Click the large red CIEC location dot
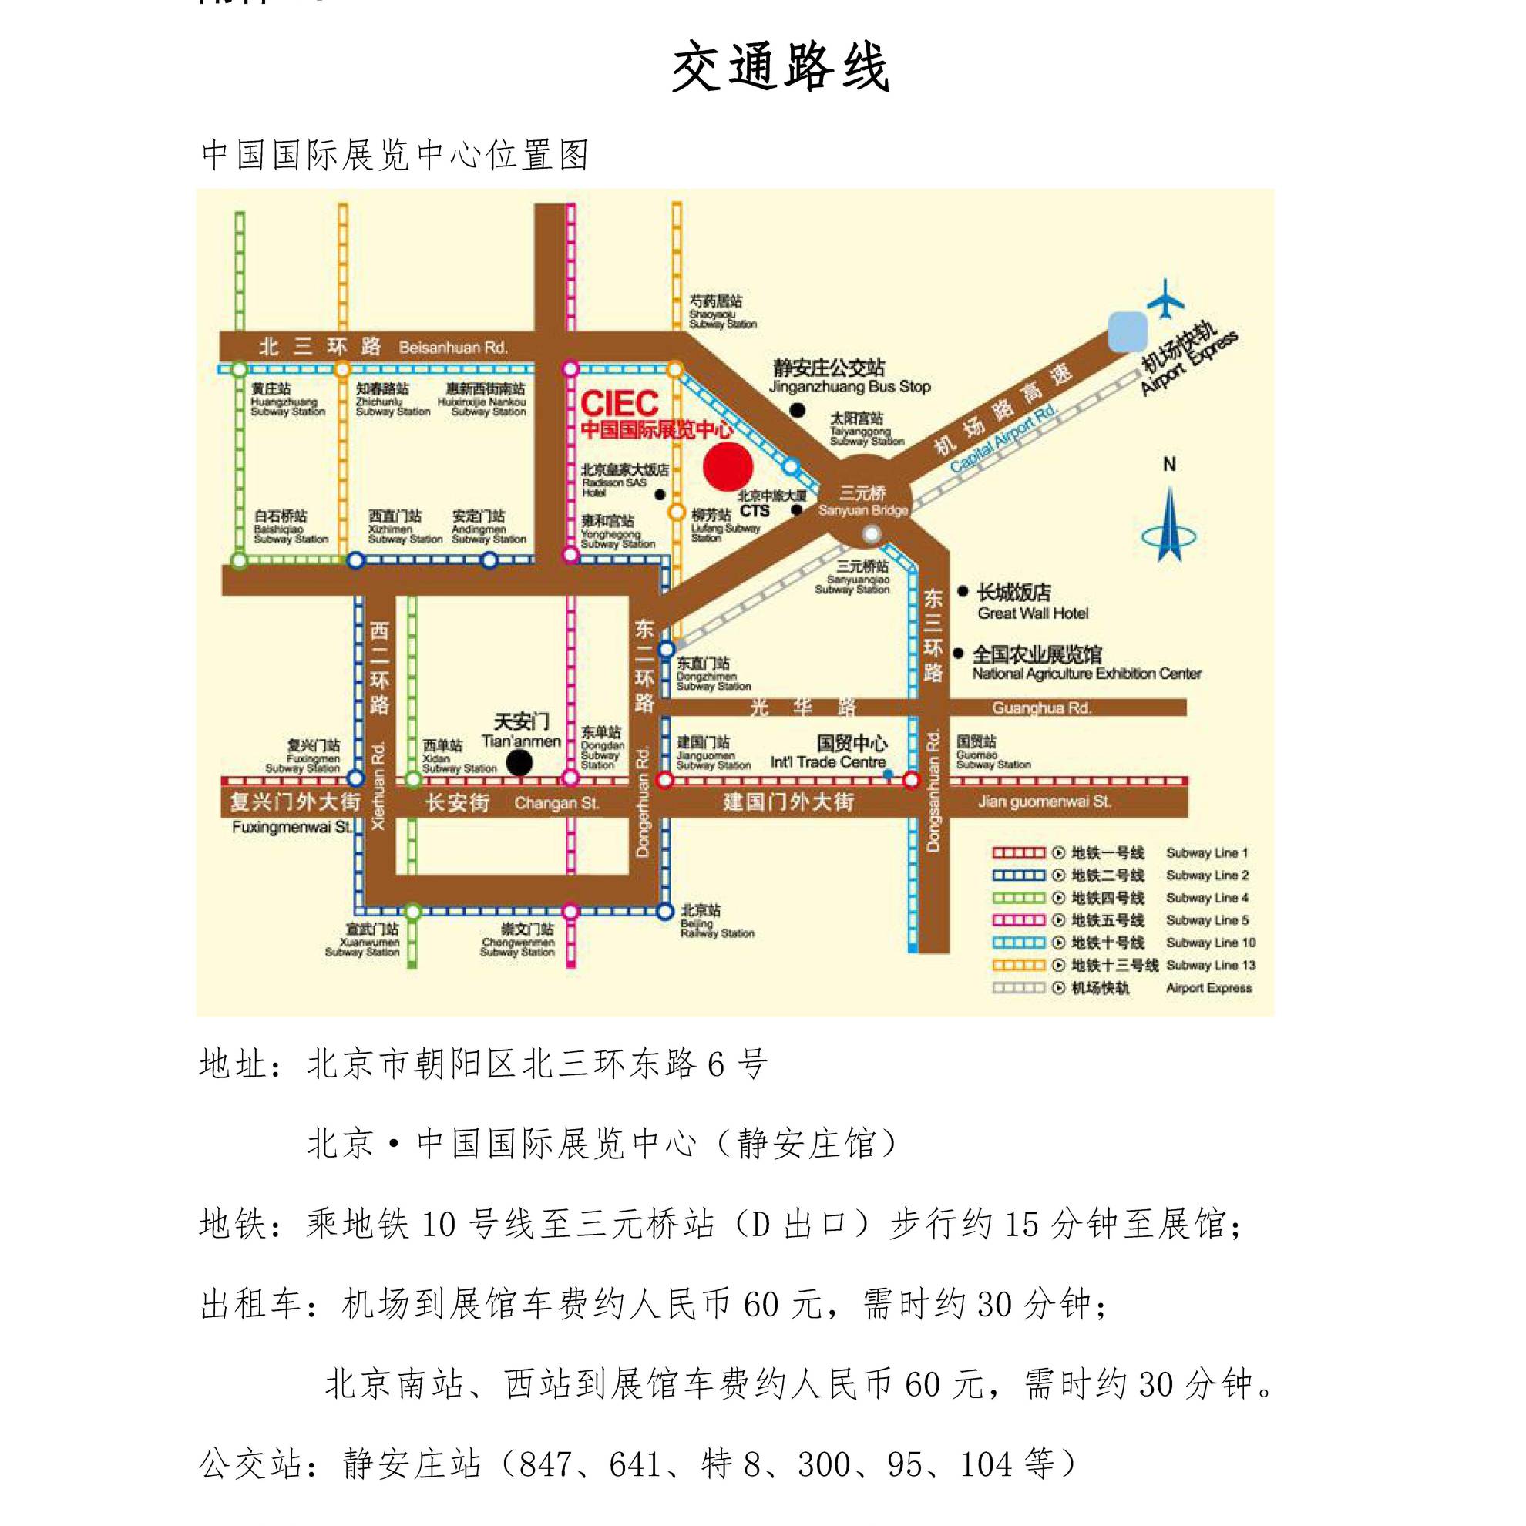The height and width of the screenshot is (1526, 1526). (x=728, y=466)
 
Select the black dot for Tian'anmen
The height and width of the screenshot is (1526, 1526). (x=519, y=762)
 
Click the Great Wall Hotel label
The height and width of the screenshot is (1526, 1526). (x=1031, y=602)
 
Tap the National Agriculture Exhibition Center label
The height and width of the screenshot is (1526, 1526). (x=1085, y=664)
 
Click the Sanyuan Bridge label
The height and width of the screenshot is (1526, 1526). (x=862, y=502)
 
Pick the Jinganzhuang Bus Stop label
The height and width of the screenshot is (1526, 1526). (x=849, y=377)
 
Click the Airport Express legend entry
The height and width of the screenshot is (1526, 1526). (x=1121, y=988)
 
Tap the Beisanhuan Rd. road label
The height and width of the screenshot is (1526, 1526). (x=452, y=348)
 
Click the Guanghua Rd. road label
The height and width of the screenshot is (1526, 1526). (x=1041, y=708)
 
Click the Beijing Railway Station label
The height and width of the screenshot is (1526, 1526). (x=717, y=922)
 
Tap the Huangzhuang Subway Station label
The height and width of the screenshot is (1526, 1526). (x=287, y=400)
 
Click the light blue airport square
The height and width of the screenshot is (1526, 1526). (x=1127, y=331)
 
